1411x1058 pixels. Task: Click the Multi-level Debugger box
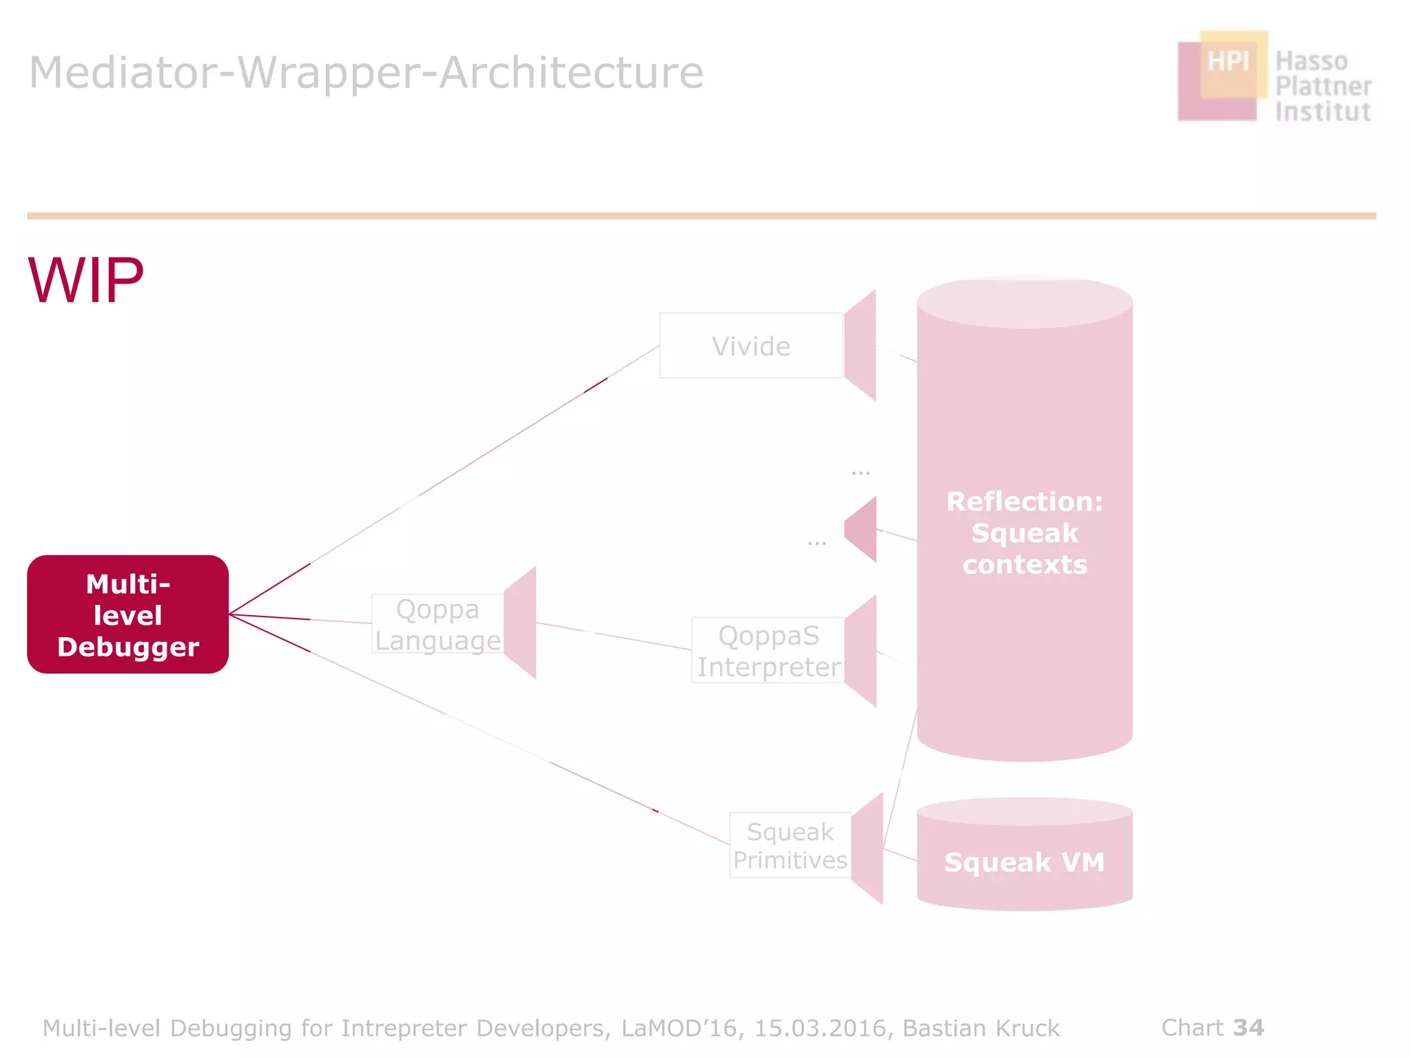click(x=128, y=614)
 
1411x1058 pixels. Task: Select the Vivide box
click(x=751, y=346)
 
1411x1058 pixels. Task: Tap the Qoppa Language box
click(x=437, y=624)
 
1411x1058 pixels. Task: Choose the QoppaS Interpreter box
click(x=768, y=651)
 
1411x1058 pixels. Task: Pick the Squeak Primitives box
click(x=790, y=845)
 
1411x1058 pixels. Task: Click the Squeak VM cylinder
click(x=1024, y=861)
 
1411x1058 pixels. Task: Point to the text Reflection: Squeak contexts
click(x=1024, y=532)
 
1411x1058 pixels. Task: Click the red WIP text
click(x=86, y=280)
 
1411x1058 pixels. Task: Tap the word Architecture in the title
click(x=571, y=72)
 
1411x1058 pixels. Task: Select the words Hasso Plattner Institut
click(x=1322, y=86)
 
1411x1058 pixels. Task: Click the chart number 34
click(x=1248, y=1028)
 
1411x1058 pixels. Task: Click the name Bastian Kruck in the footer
click(x=981, y=1028)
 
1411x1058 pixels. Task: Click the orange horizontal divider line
click(x=701, y=216)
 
